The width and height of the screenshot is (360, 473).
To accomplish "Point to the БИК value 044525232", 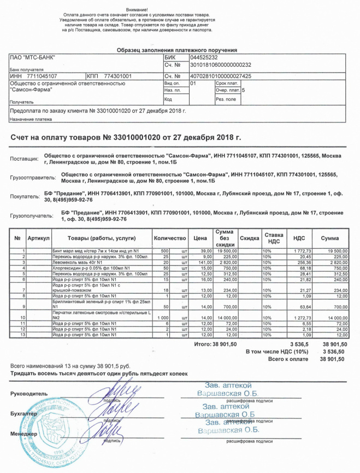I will pyautogui.click(x=204, y=57).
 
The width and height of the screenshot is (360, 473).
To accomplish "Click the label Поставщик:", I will pyautogui.click(x=25, y=159).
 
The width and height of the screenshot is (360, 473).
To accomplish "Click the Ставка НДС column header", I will pyautogui.click(x=274, y=238).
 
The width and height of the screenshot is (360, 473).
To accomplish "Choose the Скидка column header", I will pyautogui.click(x=249, y=238).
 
